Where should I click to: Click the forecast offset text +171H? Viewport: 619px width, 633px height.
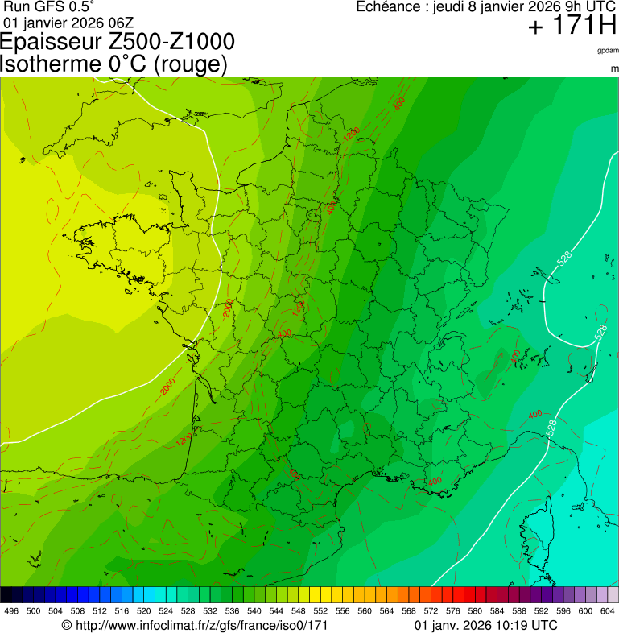pyautogui.click(x=572, y=27)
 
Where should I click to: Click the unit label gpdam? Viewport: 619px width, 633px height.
pyautogui.click(x=608, y=50)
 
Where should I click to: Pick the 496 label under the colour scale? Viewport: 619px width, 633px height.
pyautogui.click(x=11, y=611)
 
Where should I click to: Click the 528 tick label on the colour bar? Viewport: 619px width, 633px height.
pyautogui.click(x=184, y=611)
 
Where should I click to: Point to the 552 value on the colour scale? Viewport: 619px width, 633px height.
pyautogui.click(x=320, y=611)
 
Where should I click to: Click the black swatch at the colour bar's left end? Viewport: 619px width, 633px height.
pyautogui.click(x=6, y=594)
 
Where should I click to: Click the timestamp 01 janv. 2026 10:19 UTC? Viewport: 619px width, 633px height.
pyautogui.click(x=485, y=625)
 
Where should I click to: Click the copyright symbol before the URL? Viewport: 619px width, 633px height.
pyautogui.click(x=67, y=625)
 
